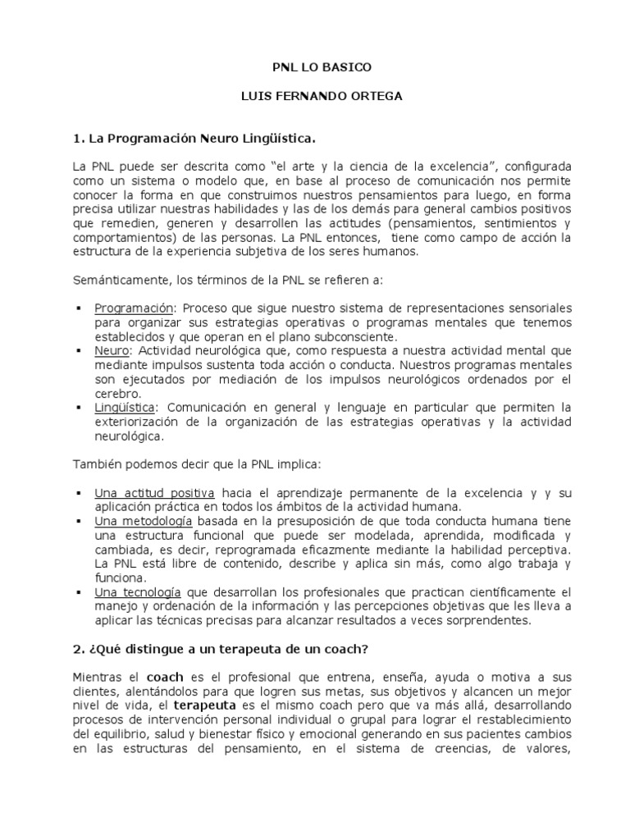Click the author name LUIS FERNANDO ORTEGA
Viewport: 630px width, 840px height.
(315, 97)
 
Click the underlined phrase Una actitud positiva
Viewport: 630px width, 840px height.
(155, 493)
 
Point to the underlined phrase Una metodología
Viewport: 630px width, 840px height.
(144, 521)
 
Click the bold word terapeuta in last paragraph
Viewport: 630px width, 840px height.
(205, 705)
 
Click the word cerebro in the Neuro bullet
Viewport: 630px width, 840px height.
(117, 393)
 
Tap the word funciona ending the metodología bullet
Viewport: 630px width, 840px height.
(119, 577)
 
